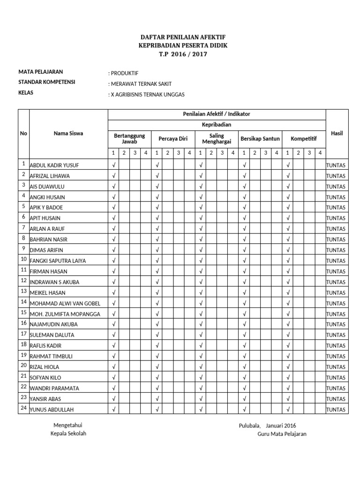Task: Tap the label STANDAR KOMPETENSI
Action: pos(46,82)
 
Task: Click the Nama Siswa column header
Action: pos(68,133)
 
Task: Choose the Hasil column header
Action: pos(337,133)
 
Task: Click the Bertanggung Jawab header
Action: pos(129,138)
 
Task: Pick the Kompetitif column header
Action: pos(303,139)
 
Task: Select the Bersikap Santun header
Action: pos(260,139)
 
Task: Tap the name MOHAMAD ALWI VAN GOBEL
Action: pos(65,303)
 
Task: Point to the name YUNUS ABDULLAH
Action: pos(52,410)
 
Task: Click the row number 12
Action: pos(23,280)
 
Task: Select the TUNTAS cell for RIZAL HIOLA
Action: pos(336,367)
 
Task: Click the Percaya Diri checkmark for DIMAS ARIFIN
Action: pos(157,250)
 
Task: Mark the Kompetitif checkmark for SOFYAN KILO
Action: pos(288,377)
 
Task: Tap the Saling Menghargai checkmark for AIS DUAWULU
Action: pos(201,186)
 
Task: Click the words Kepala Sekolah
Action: pos(68,433)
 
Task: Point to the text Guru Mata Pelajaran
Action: pos(282,434)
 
